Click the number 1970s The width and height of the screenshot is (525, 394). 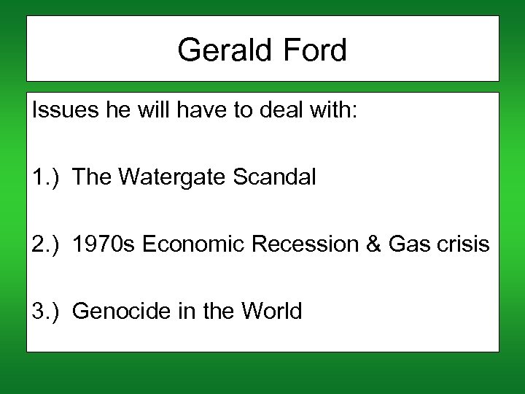[105, 244]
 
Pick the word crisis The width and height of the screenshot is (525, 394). [464, 244]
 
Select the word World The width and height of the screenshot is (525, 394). [271, 312]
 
